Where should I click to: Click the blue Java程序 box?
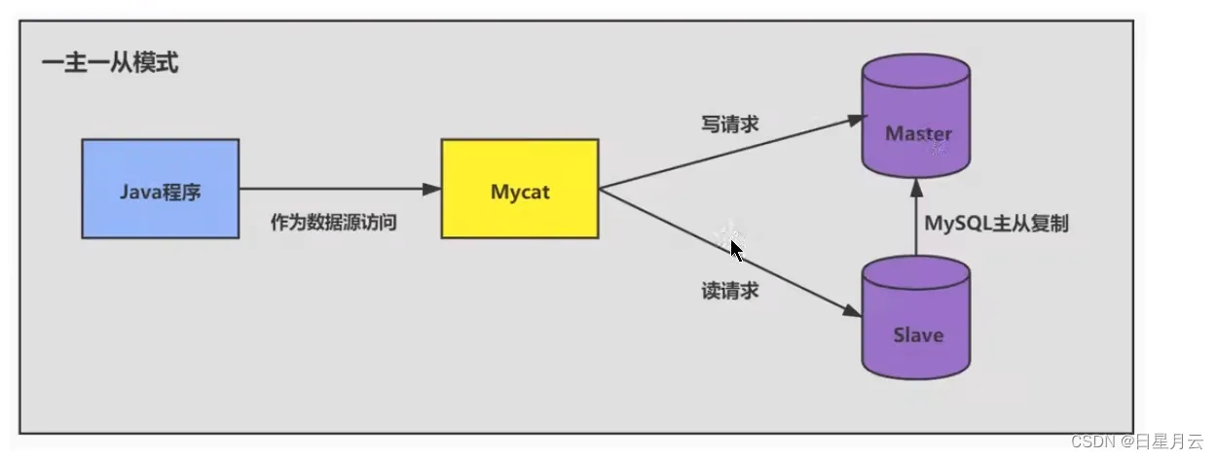[160, 189]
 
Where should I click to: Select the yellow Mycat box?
[519, 189]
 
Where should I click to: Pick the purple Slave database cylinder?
[917, 316]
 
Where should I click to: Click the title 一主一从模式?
[109, 66]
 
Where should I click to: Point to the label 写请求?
[730, 124]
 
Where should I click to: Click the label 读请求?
[730, 290]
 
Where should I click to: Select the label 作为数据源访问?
[334, 223]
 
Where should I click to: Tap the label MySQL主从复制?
[996, 223]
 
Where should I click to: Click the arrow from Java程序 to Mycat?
[331, 189]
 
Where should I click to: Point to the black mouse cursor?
[737, 251]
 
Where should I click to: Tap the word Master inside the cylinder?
[918, 134]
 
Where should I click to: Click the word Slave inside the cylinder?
[918, 335]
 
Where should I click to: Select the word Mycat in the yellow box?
[520, 192]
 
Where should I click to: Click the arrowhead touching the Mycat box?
[432, 189]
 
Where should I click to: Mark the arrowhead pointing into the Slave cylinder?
[852, 311]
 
